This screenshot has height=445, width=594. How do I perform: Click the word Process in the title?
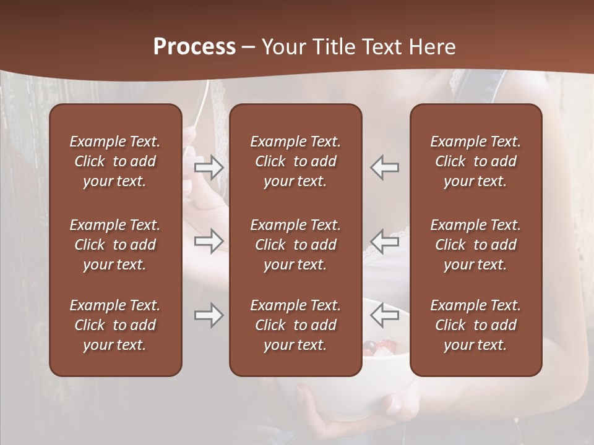pyautogui.click(x=194, y=47)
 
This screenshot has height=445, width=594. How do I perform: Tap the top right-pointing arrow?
pyautogui.click(x=209, y=167)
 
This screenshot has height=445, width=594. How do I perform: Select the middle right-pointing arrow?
pyautogui.click(x=209, y=241)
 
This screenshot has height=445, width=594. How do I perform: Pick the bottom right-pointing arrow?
pyautogui.click(x=209, y=315)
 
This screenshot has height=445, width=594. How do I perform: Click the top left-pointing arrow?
pyautogui.click(x=385, y=167)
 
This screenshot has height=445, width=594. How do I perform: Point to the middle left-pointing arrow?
pyautogui.click(x=385, y=241)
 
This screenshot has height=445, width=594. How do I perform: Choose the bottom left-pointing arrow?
pyautogui.click(x=385, y=315)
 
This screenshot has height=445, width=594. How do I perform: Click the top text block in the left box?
pyautogui.click(x=115, y=161)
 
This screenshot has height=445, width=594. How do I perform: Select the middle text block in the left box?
pyautogui.click(x=115, y=245)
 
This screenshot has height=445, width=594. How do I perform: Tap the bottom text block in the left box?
pyautogui.click(x=115, y=325)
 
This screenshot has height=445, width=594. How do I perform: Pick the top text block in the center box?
pyautogui.click(x=295, y=161)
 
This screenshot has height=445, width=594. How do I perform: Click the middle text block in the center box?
pyautogui.click(x=295, y=245)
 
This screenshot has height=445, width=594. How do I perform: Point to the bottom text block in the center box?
pyautogui.click(x=295, y=325)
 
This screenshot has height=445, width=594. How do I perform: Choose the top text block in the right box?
pyautogui.click(x=475, y=161)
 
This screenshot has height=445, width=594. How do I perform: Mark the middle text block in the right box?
pyautogui.click(x=475, y=245)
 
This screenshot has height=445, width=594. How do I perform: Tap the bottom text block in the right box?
pyautogui.click(x=475, y=325)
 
